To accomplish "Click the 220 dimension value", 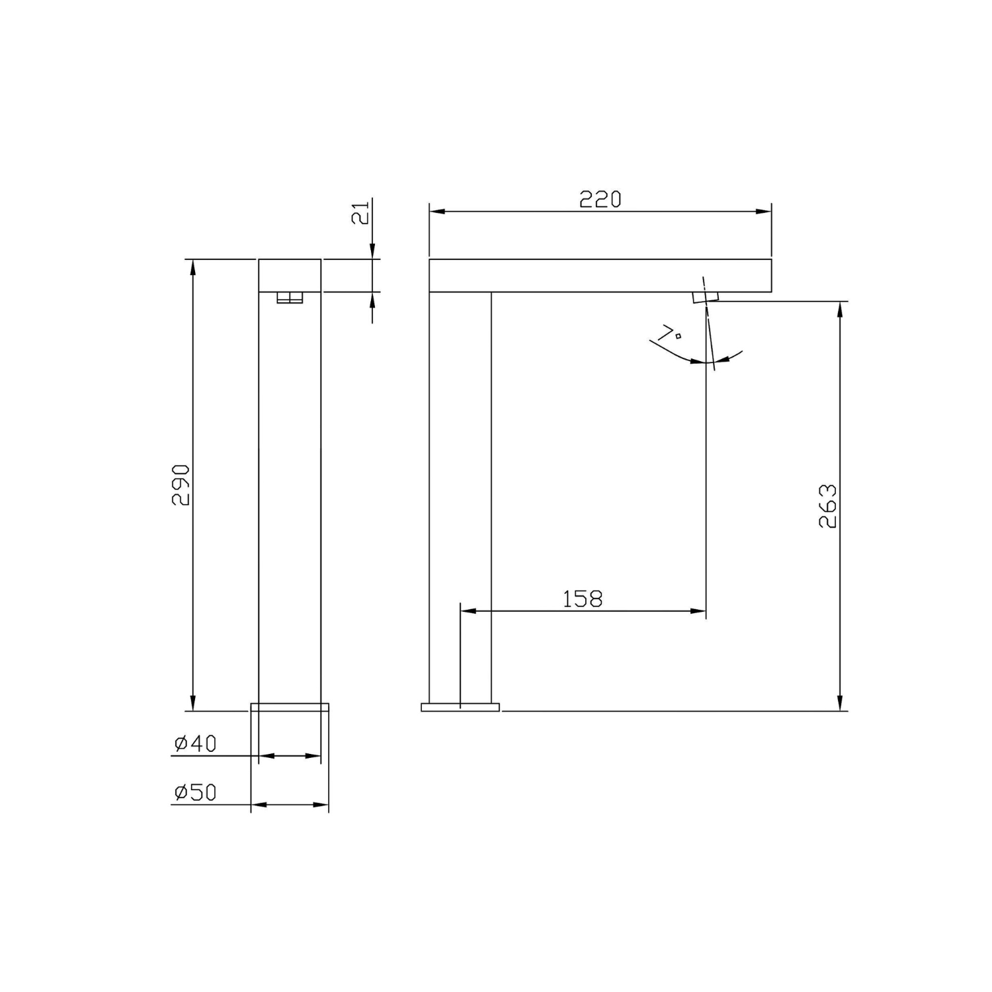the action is [600, 199].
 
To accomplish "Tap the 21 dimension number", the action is [360, 215].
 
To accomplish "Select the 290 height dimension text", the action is [181, 485].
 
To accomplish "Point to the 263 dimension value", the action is [828, 506].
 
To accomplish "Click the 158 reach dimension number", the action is [583, 599].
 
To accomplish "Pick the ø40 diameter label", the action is [195, 744].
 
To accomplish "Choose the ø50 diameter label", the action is [195, 792].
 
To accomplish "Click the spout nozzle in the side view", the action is [705, 297].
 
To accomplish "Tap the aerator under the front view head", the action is [290, 298].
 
